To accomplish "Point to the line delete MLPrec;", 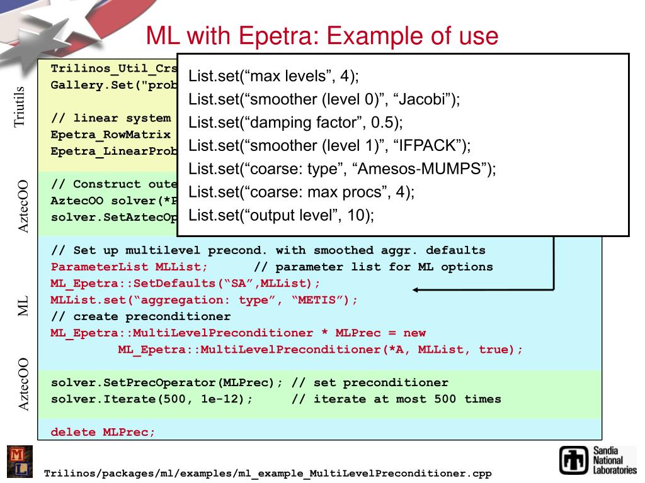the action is [x=103, y=432].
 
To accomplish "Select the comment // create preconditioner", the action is [x=140, y=316].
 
